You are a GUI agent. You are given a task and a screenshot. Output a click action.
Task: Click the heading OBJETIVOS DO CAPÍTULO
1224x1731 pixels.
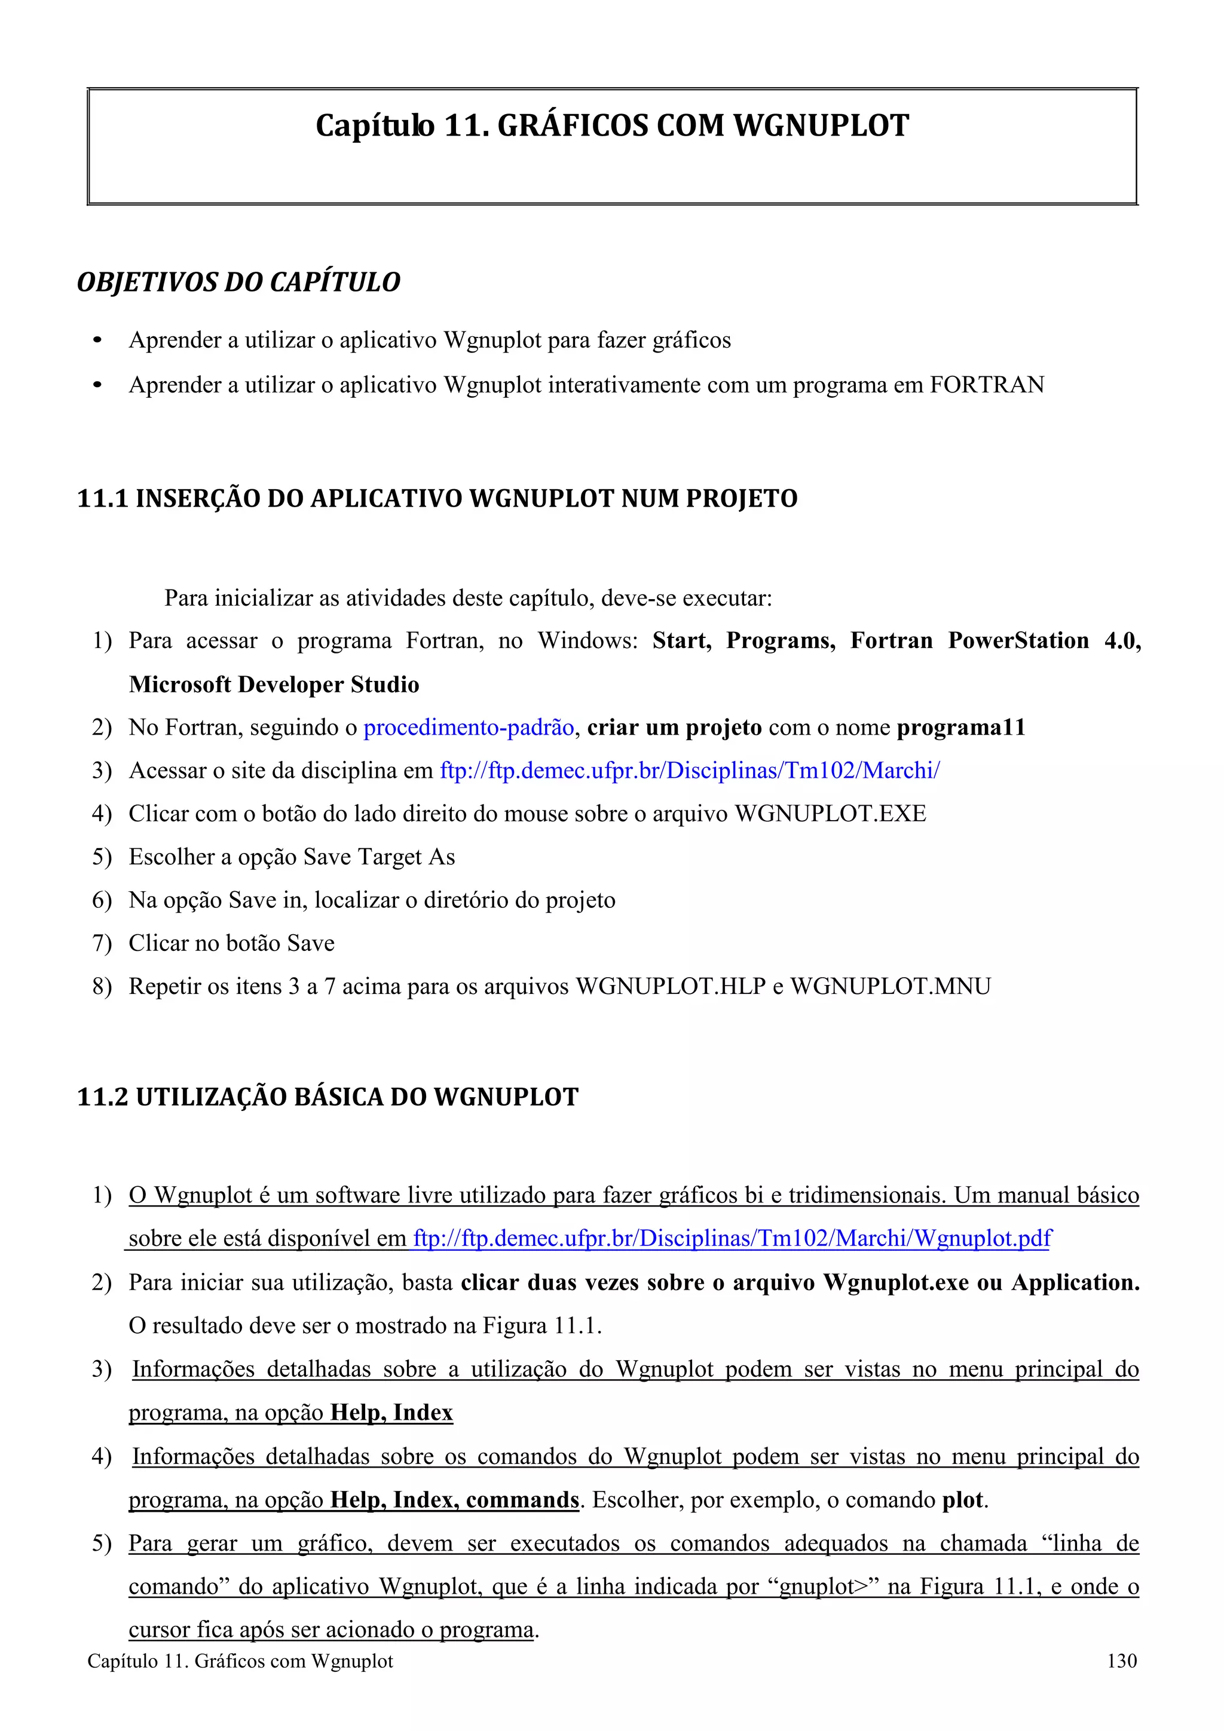click(x=238, y=282)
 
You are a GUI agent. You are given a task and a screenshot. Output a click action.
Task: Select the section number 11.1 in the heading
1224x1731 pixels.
click(x=103, y=499)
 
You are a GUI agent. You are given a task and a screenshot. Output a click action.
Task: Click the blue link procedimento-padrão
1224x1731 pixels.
click(x=469, y=728)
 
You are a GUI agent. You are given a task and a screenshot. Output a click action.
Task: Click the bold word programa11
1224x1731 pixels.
click(x=961, y=728)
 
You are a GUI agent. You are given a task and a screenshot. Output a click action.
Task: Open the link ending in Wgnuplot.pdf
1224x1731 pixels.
click(x=732, y=1239)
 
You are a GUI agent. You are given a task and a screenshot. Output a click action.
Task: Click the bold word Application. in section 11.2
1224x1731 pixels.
click(x=1075, y=1282)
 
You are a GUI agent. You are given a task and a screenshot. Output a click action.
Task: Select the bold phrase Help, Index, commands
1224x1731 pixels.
click(x=455, y=1500)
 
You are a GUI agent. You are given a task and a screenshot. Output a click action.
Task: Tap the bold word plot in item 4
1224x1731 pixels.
click(x=962, y=1500)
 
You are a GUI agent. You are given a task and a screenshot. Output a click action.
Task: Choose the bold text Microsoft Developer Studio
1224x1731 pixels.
click(x=274, y=685)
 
